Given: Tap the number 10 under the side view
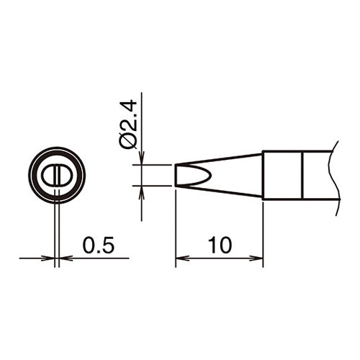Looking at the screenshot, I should click(x=219, y=245).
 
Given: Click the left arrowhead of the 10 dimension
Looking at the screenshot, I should click(x=181, y=257).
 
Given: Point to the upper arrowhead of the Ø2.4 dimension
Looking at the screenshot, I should click(x=142, y=161).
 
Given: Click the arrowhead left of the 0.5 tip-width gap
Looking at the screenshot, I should click(x=50, y=257).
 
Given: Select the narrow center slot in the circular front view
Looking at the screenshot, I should click(x=57, y=175).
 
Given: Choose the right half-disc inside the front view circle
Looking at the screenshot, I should click(x=63, y=175).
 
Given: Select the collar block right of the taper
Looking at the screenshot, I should click(x=282, y=175).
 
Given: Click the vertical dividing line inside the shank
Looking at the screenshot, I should click(x=302, y=175).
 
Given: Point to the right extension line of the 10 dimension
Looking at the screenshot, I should click(x=263, y=230).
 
